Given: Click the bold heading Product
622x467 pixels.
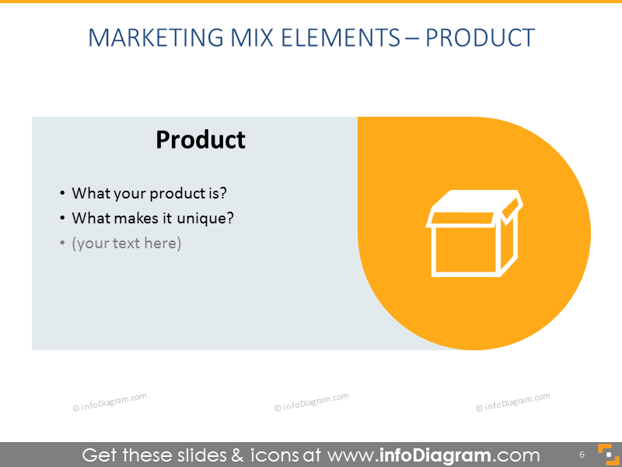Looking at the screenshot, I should coord(201,139).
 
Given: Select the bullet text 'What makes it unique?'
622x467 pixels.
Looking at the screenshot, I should coord(152,218).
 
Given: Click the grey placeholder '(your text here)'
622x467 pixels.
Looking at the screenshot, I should coord(126,243).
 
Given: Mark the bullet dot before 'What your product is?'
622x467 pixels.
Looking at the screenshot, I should coord(62,194).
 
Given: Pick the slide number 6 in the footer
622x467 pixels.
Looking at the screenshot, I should coord(582,455).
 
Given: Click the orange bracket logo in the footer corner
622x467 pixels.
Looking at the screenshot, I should coord(605,455).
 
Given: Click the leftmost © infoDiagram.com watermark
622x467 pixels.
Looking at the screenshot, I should coord(110,402).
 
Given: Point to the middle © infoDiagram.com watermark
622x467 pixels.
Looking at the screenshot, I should coord(312,402).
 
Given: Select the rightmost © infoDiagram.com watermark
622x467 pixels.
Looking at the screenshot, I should coord(513,402).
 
